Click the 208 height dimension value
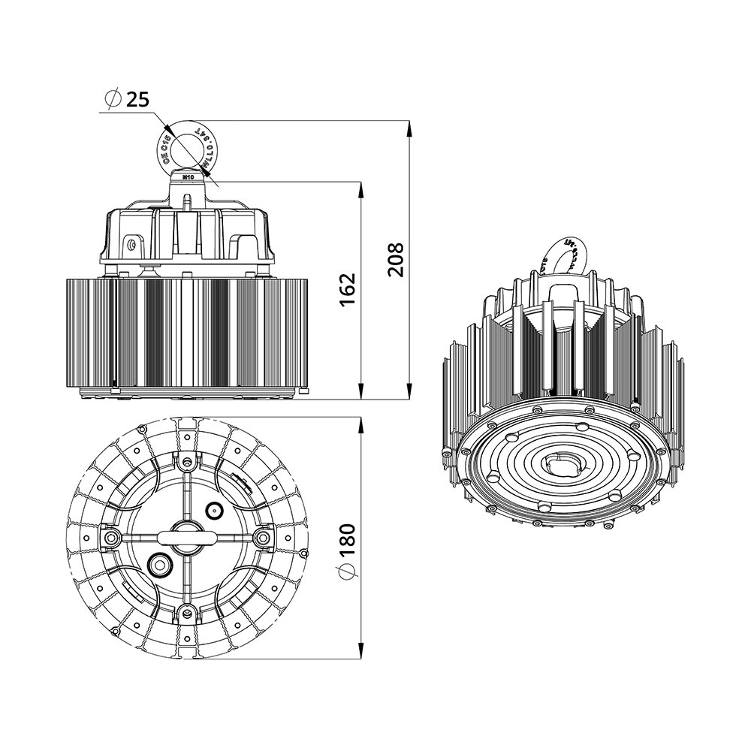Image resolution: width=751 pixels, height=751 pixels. tap(395, 259)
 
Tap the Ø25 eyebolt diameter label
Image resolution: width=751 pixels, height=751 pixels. tap(127, 99)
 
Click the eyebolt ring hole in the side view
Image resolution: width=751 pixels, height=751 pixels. tap(189, 149)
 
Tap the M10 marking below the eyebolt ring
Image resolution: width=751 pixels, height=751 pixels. tap(189, 177)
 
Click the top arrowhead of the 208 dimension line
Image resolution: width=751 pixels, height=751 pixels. tap(409, 128)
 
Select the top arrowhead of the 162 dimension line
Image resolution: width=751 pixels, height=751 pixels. tap(361, 189)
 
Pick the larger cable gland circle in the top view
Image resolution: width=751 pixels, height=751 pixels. tap(159, 564)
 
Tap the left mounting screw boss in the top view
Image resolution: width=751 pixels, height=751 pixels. tap(111, 537)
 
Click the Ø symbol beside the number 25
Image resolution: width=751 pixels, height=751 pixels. tap(113, 99)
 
